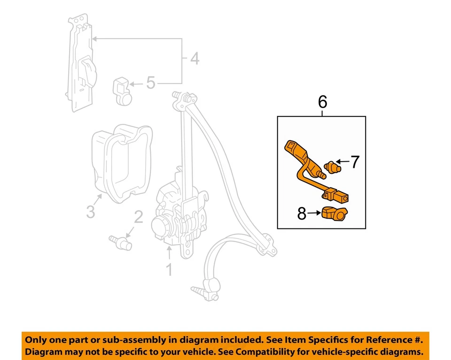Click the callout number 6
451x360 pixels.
322,102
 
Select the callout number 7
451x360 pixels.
355,162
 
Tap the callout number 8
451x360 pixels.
302,214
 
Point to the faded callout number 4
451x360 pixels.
194,60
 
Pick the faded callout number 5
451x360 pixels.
150,84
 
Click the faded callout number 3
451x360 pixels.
90,211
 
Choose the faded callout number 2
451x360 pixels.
138,217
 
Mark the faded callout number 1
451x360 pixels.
168,270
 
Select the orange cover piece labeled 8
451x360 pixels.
334,213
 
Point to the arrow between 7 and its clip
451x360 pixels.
343,162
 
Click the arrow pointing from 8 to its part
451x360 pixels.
314,214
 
